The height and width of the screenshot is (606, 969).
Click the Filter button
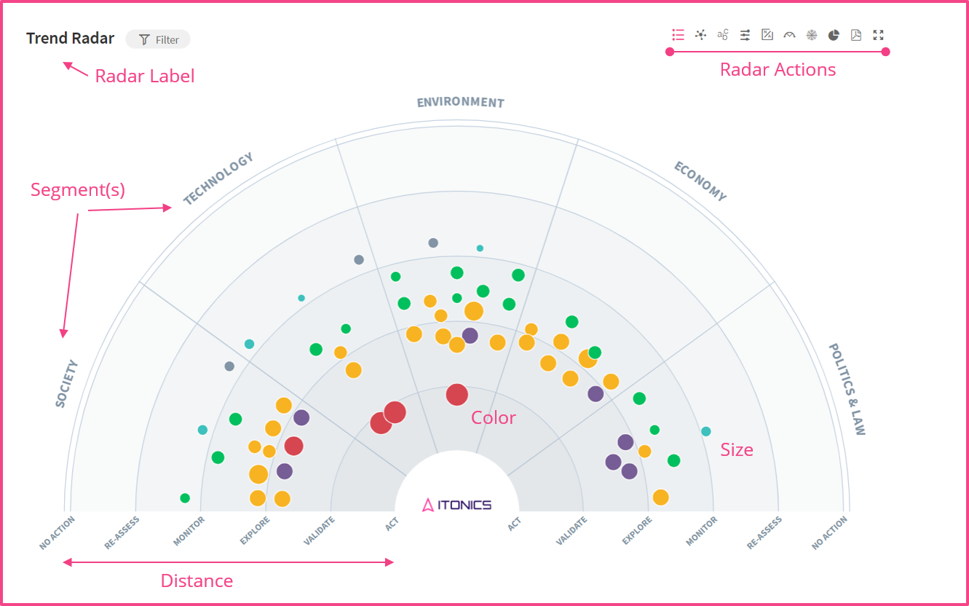point(158,39)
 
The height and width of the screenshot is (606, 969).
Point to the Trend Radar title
point(70,39)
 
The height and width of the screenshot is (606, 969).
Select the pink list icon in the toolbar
point(678,35)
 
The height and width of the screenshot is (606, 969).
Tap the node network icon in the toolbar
point(700,35)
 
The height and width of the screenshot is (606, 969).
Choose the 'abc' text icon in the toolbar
point(722,35)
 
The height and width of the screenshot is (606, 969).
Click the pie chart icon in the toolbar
point(834,35)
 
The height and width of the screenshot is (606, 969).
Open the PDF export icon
point(856,35)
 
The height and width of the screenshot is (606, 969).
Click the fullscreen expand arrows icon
point(878,35)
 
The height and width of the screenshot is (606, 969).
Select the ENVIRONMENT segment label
point(460,103)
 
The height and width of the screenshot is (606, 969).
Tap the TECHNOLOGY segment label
point(218,178)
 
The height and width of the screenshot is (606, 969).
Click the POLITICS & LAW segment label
point(847,389)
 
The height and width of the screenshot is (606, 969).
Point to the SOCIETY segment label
point(66,383)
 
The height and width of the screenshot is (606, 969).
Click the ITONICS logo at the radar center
point(457,504)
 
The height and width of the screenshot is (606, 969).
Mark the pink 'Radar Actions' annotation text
point(778,70)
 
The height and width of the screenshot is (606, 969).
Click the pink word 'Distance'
point(197,581)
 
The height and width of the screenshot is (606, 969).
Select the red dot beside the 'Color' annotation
point(456,395)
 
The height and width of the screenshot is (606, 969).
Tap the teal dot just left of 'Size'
point(705,431)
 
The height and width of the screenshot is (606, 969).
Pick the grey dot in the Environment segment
point(433,243)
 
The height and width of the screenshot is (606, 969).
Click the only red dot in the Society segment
point(293,446)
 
